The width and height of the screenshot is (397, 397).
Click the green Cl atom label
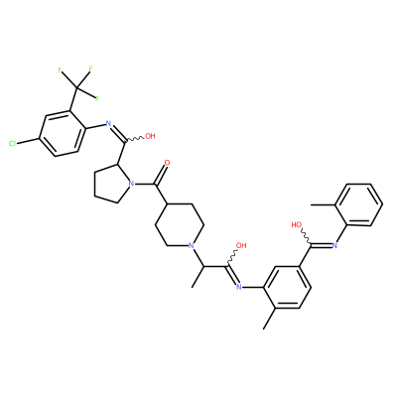pos(12,143)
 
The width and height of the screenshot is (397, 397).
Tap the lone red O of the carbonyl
pos(167,163)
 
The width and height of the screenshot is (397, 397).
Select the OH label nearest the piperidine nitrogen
pos(241,245)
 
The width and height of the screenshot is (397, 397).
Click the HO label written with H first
pos(297,225)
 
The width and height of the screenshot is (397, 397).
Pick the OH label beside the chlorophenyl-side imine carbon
pos(150,136)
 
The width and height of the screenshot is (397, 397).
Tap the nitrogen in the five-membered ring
pos(130,183)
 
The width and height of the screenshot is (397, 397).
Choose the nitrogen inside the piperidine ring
pos(191,245)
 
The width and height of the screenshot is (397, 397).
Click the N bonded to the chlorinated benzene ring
pos(107,124)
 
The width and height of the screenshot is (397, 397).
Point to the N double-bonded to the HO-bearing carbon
pos(334,245)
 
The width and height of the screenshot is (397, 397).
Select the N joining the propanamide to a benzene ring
pos(238,287)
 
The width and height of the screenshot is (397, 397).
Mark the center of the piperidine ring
pos(180,225)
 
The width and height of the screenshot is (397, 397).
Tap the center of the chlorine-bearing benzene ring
pos(63,133)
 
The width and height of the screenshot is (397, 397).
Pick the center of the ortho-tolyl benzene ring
pos(358,205)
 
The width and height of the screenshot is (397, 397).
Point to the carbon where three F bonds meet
pos(76,88)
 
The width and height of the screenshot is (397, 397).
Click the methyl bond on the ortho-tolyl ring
pos(323,204)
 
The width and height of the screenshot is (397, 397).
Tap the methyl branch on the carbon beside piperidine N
pos(197,277)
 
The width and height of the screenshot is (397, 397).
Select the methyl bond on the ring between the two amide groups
pos(270,319)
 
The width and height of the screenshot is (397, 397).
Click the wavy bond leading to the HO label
pos(306,237)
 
